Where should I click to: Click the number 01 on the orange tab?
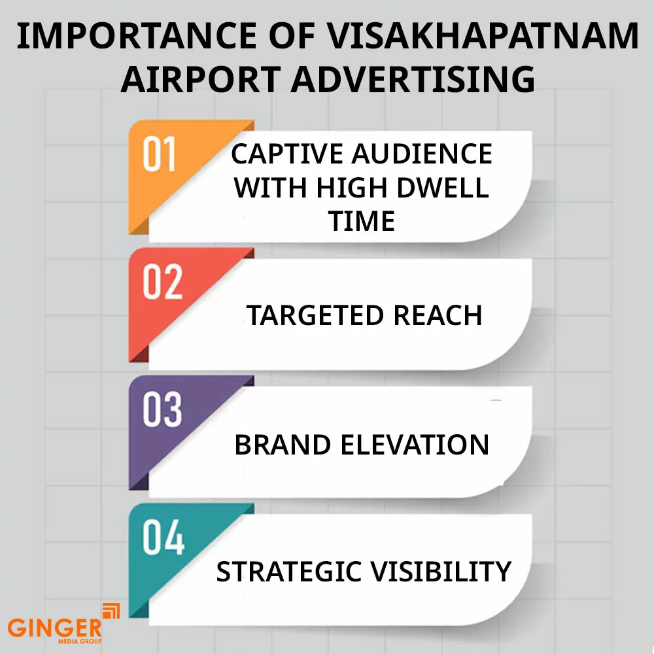[x=160, y=156]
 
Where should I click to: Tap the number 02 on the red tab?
[x=162, y=283]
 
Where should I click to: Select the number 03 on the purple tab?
[x=162, y=410]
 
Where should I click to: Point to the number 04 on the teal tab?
[x=162, y=538]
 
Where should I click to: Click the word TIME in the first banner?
[x=362, y=222]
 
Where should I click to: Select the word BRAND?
[x=283, y=445]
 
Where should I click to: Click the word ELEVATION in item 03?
[x=415, y=445]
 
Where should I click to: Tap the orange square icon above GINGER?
[x=112, y=611]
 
